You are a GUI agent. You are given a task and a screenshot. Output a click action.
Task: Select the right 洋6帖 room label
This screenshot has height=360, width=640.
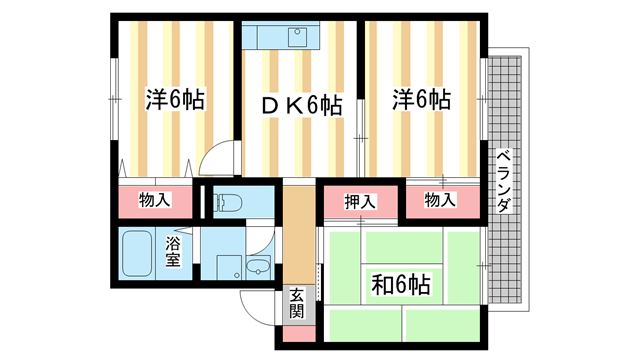421,100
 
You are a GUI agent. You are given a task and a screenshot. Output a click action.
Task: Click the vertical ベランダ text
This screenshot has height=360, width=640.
505,180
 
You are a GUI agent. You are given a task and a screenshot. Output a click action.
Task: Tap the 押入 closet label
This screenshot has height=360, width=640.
360,201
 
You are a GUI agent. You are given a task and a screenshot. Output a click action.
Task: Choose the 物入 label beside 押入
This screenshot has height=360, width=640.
440,201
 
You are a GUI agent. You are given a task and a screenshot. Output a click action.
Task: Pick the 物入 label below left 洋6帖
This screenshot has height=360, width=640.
155,200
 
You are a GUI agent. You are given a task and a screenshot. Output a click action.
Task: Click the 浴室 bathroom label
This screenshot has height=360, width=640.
173,251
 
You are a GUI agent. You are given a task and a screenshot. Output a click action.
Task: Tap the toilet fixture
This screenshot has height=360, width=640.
224,201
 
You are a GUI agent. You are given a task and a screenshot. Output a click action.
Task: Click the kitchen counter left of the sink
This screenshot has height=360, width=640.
264,38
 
